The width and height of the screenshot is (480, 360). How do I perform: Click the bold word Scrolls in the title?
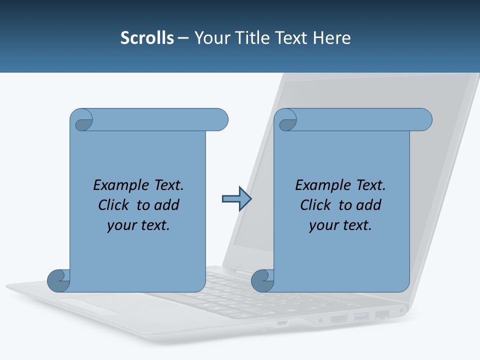click(x=147, y=38)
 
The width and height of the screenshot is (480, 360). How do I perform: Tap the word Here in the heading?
click(x=331, y=38)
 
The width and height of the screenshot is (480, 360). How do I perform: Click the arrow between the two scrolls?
click(x=236, y=199)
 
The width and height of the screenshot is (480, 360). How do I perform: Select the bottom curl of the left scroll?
click(x=59, y=280)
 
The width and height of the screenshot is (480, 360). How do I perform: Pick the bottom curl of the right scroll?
click(x=262, y=280)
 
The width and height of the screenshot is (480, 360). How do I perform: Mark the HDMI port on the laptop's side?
click(x=339, y=318)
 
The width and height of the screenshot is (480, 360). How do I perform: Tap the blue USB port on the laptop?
click(x=361, y=316)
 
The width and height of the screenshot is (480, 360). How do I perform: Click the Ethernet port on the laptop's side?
click(x=382, y=314)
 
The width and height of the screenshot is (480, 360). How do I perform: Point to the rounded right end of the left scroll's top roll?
click(x=220, y=119)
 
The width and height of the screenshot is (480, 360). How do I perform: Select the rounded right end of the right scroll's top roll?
click(x=424, y=119)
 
